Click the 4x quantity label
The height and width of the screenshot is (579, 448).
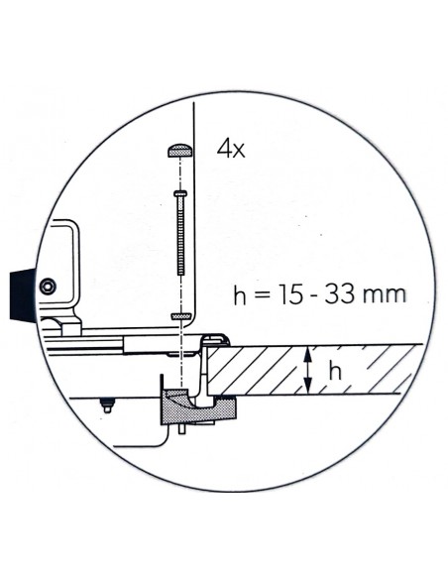[232, 151]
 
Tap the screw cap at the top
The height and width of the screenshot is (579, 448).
[179, 151]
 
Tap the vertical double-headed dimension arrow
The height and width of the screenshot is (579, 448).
[311, 370]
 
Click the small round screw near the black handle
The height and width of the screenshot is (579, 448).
[46, 287]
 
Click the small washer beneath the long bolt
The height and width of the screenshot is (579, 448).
[180, 315]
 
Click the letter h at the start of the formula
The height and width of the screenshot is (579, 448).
[238, 294]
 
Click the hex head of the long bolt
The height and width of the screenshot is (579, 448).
[179, 193]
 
